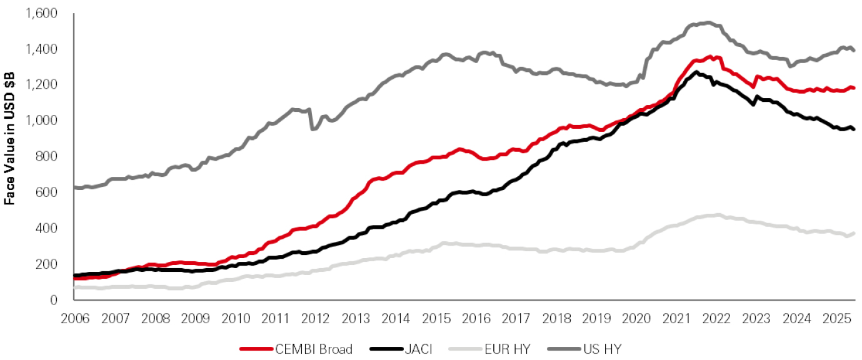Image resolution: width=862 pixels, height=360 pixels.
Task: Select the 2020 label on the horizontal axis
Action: (636, 319)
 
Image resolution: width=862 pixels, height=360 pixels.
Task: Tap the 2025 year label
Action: (836, 319)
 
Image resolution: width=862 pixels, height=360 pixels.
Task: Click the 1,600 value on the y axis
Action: (43, 12)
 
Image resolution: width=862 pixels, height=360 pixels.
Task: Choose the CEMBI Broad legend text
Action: (304, 349)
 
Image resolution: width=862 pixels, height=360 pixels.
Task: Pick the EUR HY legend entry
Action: (504, 349)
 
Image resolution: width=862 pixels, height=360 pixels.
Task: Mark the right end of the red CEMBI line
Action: (854, 88)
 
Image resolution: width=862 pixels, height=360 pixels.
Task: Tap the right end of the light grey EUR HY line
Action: (854, 233)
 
